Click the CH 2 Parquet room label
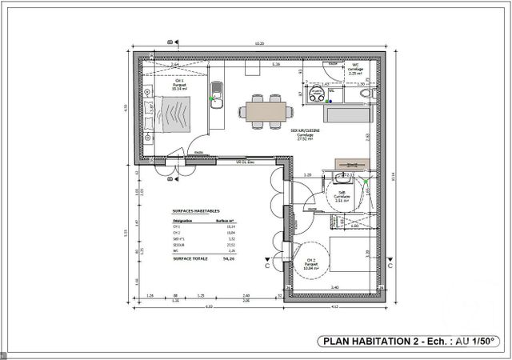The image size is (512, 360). tap(309, 263)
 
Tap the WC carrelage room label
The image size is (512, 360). tap(355, 70)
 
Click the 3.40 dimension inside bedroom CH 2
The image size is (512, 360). tap(335, 287)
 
